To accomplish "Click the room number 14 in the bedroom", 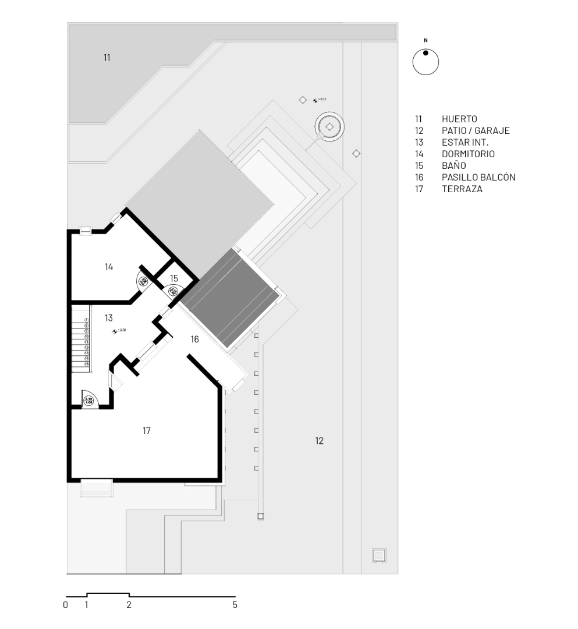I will tap(109, 267).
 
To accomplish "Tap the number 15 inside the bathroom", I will tap(174, 278).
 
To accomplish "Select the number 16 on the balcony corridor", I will tap(195, 339).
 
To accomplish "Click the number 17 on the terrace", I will tap(147, 430).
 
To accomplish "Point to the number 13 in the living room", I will tap(109, 318).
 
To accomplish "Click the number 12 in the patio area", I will tap(319, 441).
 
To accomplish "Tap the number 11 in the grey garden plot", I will tap(107, 58).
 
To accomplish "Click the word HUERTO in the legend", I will tap(459, 119).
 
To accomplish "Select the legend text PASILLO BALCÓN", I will tap(478, 178).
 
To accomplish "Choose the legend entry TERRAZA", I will tap(462, 189).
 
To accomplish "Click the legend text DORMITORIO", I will tap(468, 154).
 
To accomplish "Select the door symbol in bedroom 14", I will tap(143, 281).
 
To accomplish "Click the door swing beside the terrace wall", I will tap(90, 400).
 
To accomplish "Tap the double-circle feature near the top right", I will tap(329, 127).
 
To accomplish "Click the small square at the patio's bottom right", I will tap(379, 555).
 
